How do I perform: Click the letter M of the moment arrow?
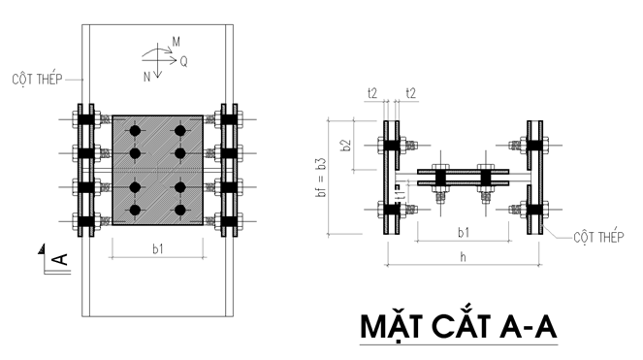(x=176, y=42)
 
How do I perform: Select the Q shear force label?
(x=183, y=62)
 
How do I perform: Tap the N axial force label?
(x=146, y=77)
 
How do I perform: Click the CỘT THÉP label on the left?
(x=37, y=79)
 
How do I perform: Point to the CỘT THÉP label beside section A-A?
(x=598, y=237)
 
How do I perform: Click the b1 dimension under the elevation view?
(x=158, y=248)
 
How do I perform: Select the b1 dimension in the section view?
(x=464, y=233)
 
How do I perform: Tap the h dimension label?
(x=463, y=257)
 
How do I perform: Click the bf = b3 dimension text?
(x=322, y=178)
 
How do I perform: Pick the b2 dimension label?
(x=346, y=146)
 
